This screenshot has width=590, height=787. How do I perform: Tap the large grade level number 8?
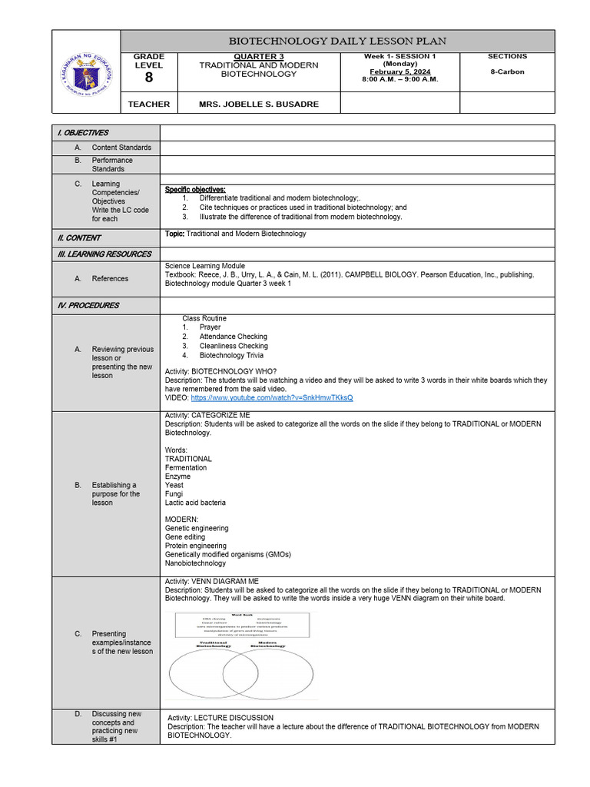click(148, 78)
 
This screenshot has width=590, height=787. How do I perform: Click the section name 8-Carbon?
click(507, 71)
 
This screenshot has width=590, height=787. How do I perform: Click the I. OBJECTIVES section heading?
click(84, 133)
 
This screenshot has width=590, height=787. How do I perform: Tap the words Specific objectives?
click(195, 189)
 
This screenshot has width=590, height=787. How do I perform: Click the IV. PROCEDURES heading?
click(88, 305)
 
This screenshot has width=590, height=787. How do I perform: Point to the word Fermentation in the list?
click(186, 467)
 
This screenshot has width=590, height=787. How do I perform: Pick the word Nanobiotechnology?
click(195, 563)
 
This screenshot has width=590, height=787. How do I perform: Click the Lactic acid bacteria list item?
click(195, 503)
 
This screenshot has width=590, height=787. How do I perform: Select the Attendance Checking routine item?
click(233, 337)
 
